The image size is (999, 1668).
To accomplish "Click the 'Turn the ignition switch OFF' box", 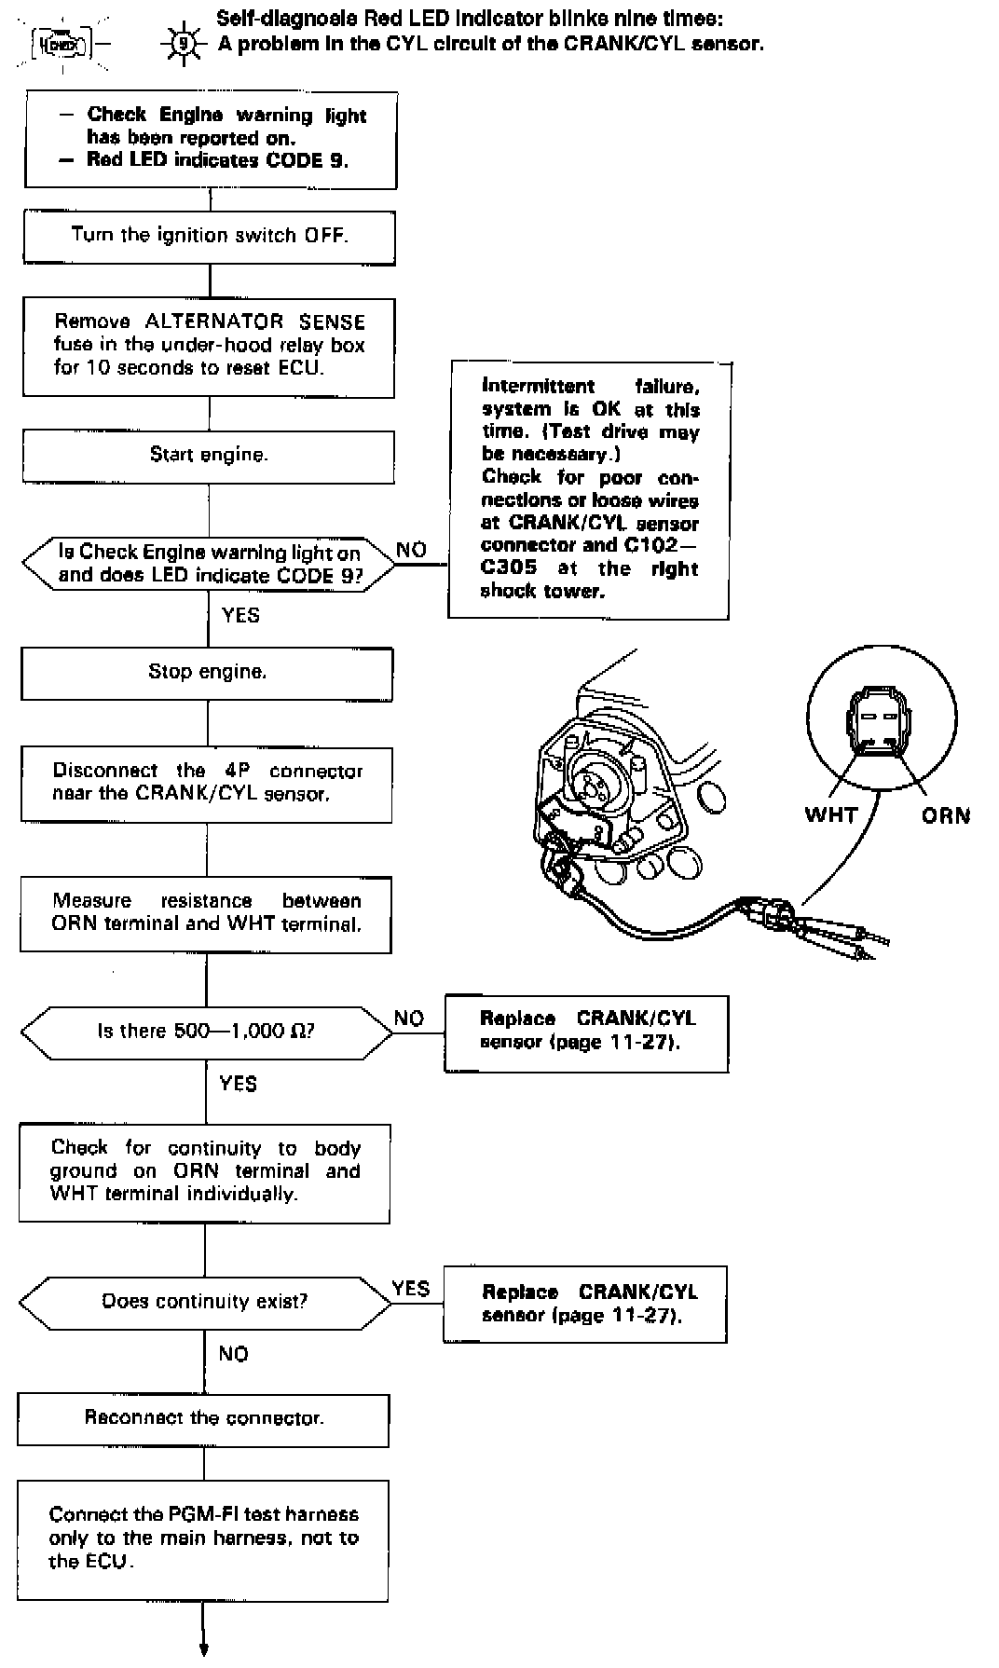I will [x=210, y=236].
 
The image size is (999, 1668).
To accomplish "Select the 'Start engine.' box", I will [x=209, y=456].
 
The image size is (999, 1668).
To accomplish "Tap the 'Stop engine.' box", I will [x=207, y=673].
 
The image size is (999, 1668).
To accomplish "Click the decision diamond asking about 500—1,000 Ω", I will [x=206, y=1032].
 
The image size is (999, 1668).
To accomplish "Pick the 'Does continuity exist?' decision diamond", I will [x=205, y=1302].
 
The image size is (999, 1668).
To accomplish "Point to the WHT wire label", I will [x=830, y=815].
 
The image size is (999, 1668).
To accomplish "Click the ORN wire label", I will [x=945, y=816].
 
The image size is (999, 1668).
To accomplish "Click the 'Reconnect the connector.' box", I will [x=203, y=1419].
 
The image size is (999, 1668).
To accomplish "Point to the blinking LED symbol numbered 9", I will [x=185, y=44].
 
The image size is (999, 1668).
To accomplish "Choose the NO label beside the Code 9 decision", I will [x=411, y=550].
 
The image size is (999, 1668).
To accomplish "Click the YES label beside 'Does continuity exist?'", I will [x=410, y=1289].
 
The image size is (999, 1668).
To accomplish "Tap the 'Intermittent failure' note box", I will [x=589, y=489].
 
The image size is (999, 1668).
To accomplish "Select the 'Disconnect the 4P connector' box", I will [x=207, y=783].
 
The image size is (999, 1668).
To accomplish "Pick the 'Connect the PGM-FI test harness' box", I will [x=203, y=1539].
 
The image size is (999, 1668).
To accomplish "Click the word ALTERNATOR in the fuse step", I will [x=214, y=322].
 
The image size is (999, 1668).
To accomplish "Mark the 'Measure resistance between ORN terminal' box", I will [x=206, y=913].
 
